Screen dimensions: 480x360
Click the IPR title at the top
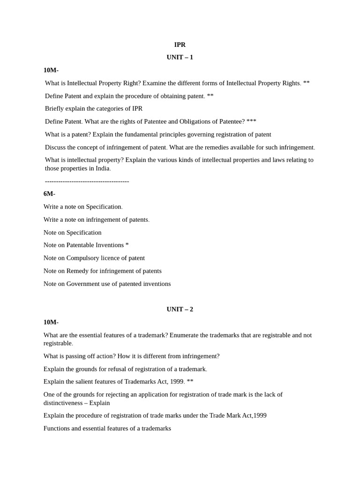180,45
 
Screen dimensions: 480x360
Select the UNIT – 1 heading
180,57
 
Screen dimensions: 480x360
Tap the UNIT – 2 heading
180,309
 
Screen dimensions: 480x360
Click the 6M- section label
49,194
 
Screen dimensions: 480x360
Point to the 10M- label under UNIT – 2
51,322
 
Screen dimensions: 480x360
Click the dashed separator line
87,181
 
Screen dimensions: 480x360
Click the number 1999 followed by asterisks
177,382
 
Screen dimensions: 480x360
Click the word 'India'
102,168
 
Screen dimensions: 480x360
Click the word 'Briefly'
56,108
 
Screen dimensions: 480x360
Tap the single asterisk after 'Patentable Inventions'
127,245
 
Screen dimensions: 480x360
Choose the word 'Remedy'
77,271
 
